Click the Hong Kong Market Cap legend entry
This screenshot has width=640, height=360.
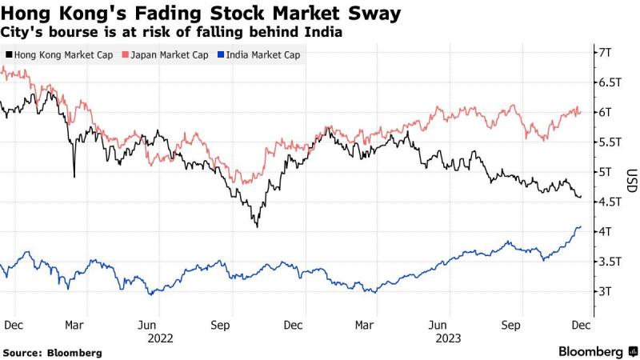click(58, 54)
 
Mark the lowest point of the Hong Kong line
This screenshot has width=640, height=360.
click(257, 227)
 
